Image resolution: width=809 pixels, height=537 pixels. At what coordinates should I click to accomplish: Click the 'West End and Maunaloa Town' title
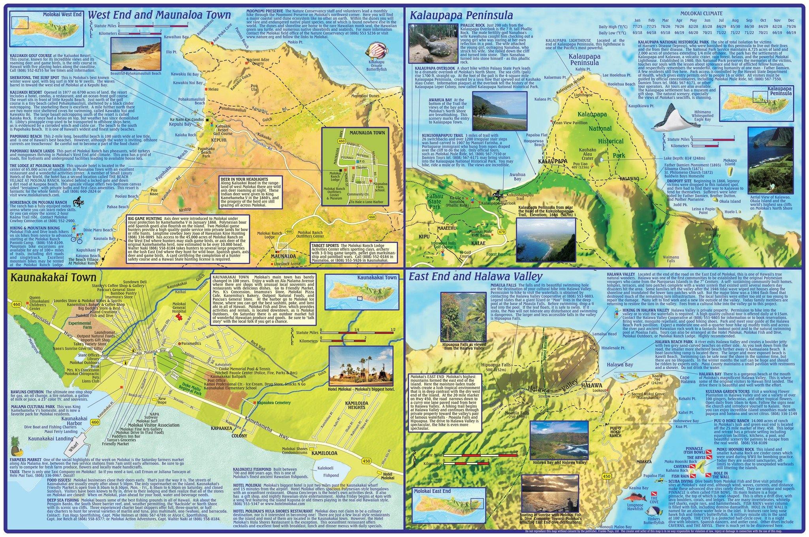(159, 15)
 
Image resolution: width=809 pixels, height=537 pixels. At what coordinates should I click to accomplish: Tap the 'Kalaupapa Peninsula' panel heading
(461, 15)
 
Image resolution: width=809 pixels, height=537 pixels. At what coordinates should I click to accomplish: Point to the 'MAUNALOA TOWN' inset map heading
(367, 132)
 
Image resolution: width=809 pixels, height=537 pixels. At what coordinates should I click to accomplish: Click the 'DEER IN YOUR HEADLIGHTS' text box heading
(246, 179)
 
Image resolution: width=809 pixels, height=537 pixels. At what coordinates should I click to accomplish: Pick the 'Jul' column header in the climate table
(721, 20)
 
